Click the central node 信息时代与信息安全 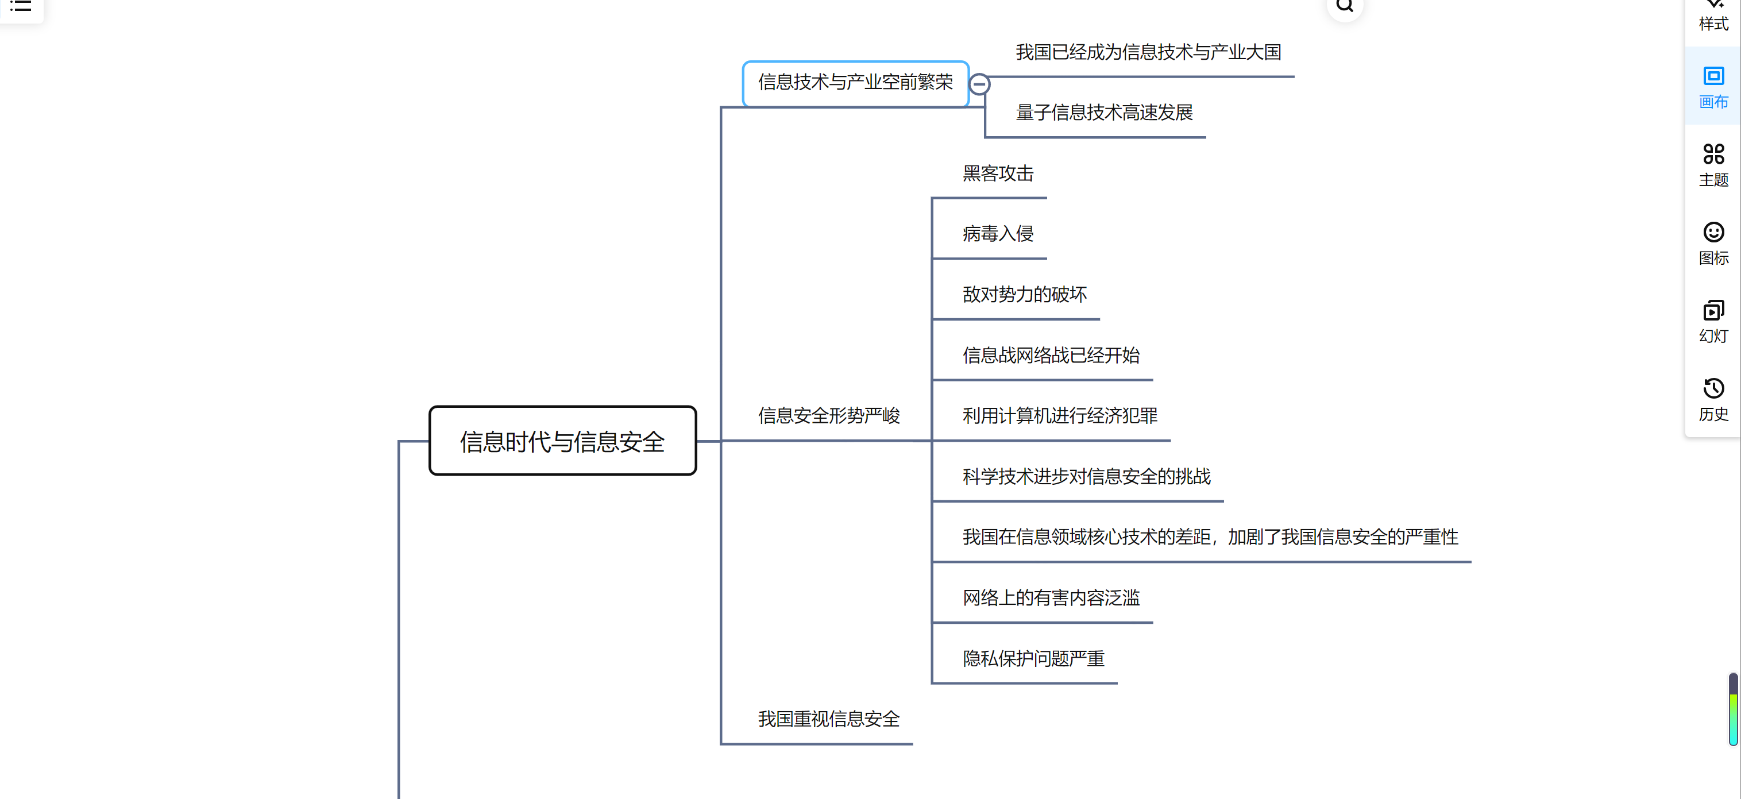[x=562, y=441]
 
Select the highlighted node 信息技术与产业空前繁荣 [x=855, y=83]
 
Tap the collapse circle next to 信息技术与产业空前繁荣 [x=979, y=84]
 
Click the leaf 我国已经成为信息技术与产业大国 [x=1148, y=53]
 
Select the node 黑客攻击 [x=998, y=173]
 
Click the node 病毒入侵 [x=998, y=234]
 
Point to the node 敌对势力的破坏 [x=1024, y=295]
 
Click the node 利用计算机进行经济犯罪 [x=1059, y=416]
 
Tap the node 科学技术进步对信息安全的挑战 [x=1086, y=477]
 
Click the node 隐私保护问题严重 [x=1033, y=658]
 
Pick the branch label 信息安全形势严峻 [x=829, y=416]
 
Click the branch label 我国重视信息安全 [x=829, y=719]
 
